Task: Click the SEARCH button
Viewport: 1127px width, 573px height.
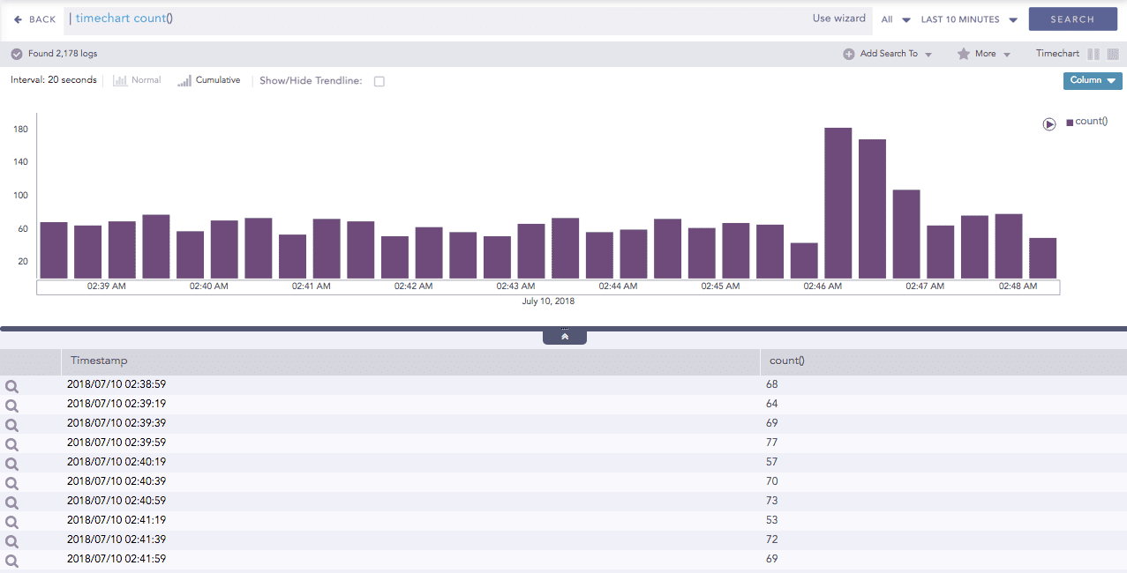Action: pyautogui.click(x=1072, y=19)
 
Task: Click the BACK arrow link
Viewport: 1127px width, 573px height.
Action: pyautogui.click(x=35, y=19)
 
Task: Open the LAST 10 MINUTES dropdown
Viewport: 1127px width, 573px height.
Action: pyautogui.click(x=968, y=19)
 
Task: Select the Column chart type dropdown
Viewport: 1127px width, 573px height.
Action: pyautogui.click(x=1093, y=80)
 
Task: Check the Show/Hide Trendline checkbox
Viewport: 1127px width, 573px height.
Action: pyautogui.click(x=379, y=81)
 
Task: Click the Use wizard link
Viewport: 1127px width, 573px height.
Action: pyautogui.click(x=838, y=19)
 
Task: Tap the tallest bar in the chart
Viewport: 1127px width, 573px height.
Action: pyautogui.click(x=838, y=203)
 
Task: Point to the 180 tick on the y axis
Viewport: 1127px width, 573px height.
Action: pyautogui.click(x=21, y=130)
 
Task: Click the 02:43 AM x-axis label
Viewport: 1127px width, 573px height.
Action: pyautogui.click(x=515, y=286)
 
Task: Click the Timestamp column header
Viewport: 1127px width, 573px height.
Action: pyautogui.click(x=99, y=361)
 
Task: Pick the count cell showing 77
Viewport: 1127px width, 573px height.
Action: pyautogui.click(x=772, y=443)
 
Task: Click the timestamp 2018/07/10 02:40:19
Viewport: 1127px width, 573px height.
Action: pyautogui.click(x=116, y=462)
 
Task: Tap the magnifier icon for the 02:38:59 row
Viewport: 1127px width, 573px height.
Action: pyautogui.click(x=11, y=386)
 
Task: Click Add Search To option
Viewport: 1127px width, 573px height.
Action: pyautogui.click(x=887, y=54)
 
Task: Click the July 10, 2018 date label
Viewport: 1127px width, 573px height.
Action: pyautogui.click(x=548, y=301)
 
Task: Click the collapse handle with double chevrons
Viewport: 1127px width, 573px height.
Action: pyautogui.click(x=565, y=337)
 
